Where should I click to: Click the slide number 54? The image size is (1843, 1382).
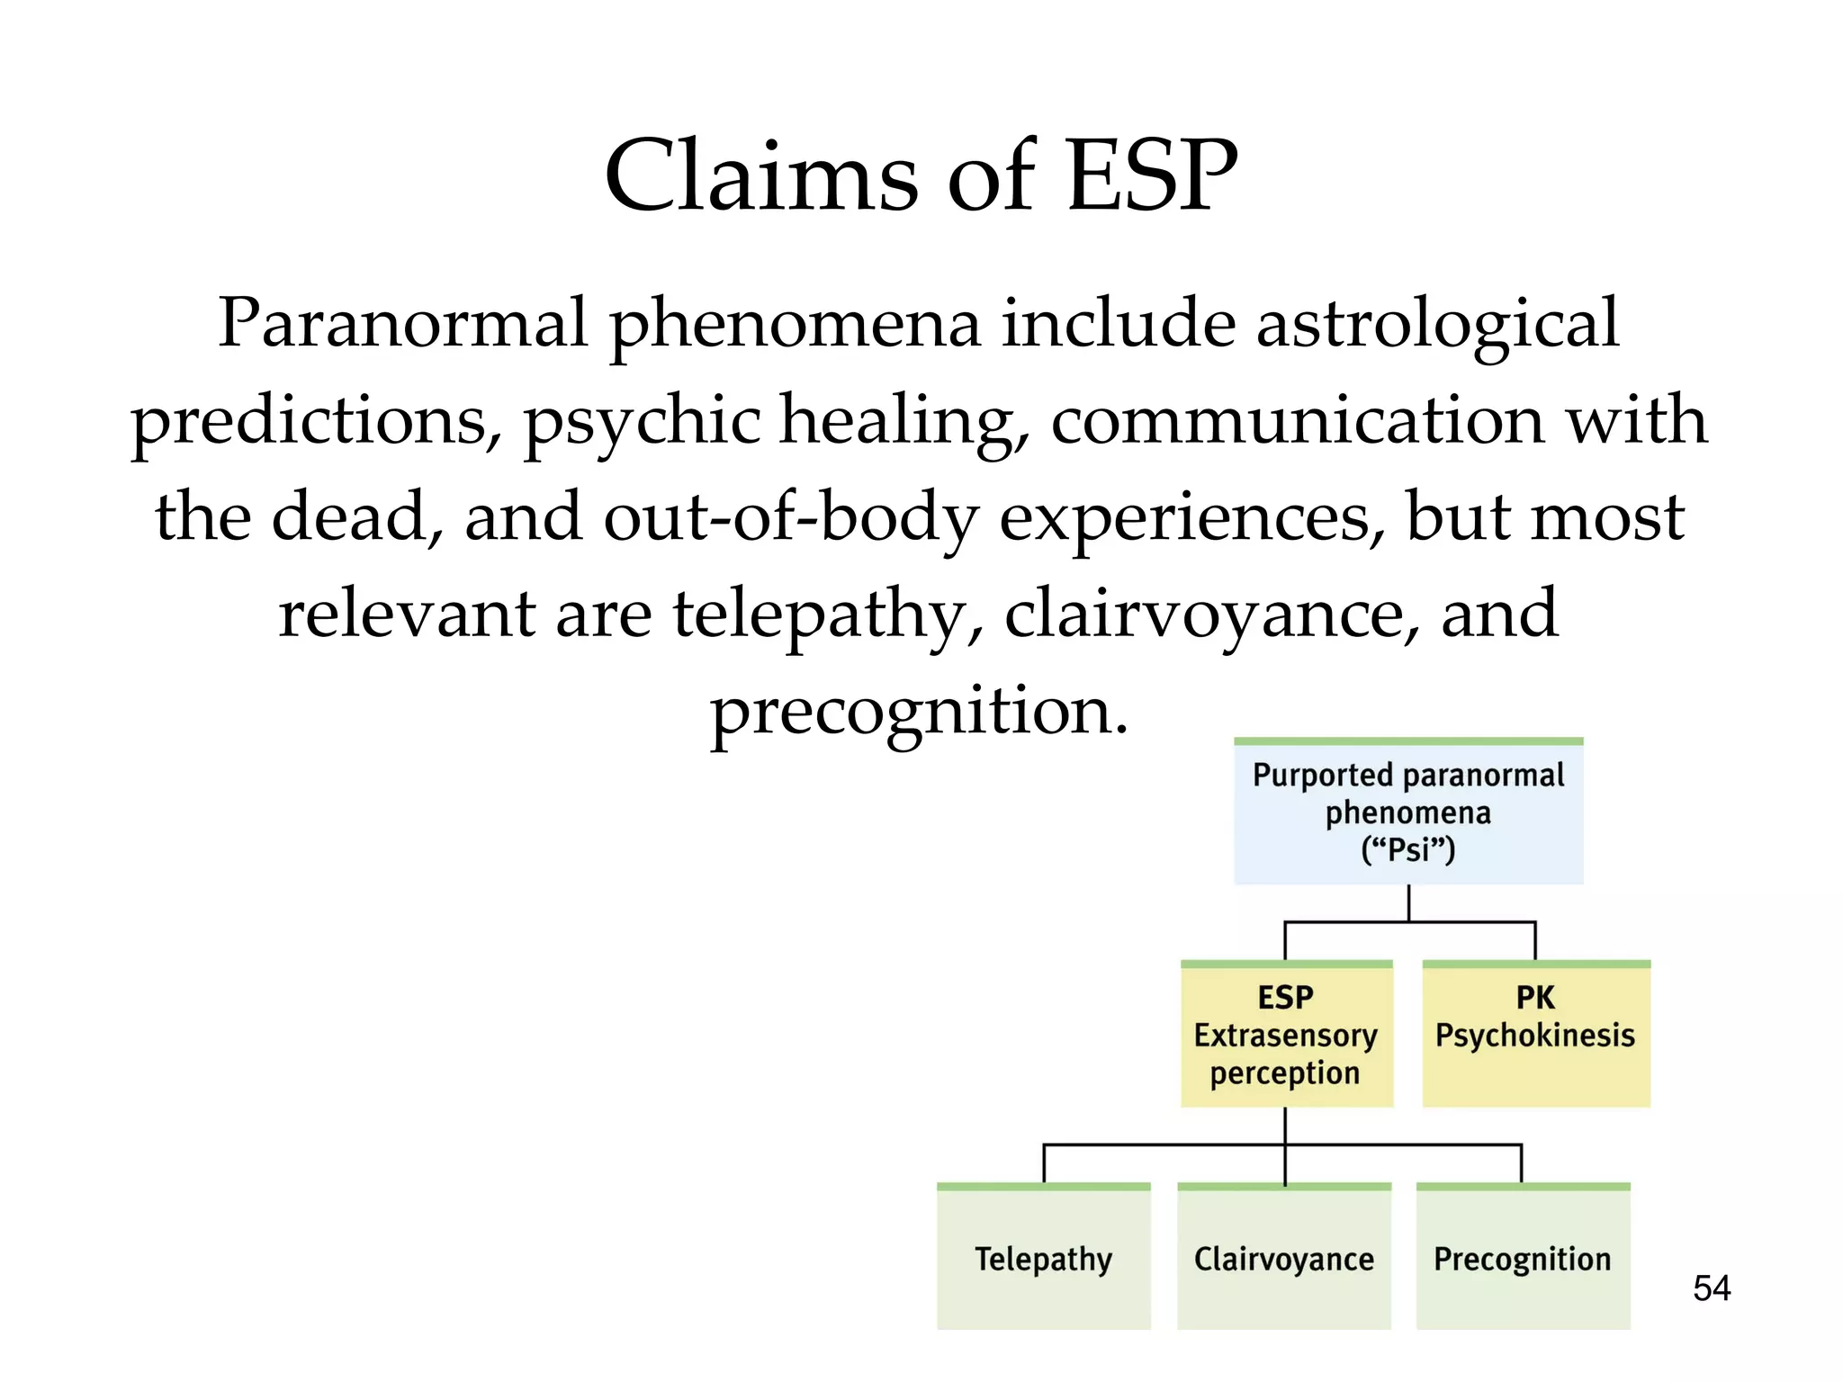(1711, 1288)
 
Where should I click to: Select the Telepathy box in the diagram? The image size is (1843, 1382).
(1044, 1258)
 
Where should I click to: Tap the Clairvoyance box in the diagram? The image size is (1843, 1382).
(1284, 1258)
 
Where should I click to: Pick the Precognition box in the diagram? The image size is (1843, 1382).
(1523, 1258)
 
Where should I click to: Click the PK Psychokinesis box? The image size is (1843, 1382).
(1535, 1035)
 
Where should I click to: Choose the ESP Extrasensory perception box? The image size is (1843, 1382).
(1286, 1035)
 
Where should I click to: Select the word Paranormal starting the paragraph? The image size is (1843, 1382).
(402, 324)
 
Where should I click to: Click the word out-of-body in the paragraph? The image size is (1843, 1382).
(791, 519)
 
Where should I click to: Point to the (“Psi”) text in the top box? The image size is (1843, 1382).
(1408, 849)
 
